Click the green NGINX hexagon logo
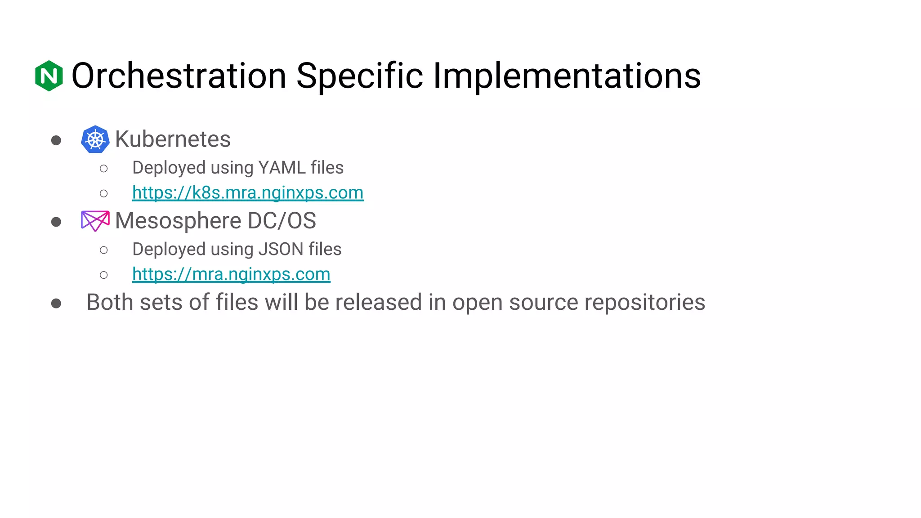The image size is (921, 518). coord(49,76)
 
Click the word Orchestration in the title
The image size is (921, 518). coord(179,76)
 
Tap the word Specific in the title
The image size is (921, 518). coord(359,76)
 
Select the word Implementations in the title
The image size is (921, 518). coord(567,76)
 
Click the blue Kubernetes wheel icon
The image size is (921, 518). coord(95,139)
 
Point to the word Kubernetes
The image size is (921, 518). coord(173,139)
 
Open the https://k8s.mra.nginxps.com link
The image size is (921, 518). coord(248,192)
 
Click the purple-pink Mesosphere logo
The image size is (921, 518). coord(95,221)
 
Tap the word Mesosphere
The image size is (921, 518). coord(178,221)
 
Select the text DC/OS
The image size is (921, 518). coord(282,221)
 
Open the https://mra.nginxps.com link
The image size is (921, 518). coord(231,274)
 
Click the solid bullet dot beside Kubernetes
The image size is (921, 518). coord(56,140)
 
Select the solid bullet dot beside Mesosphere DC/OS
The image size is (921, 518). coord(56,222)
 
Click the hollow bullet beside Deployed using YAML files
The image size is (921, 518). coord(104,169)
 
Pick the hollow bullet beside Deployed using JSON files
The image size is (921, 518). coord(104,250)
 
